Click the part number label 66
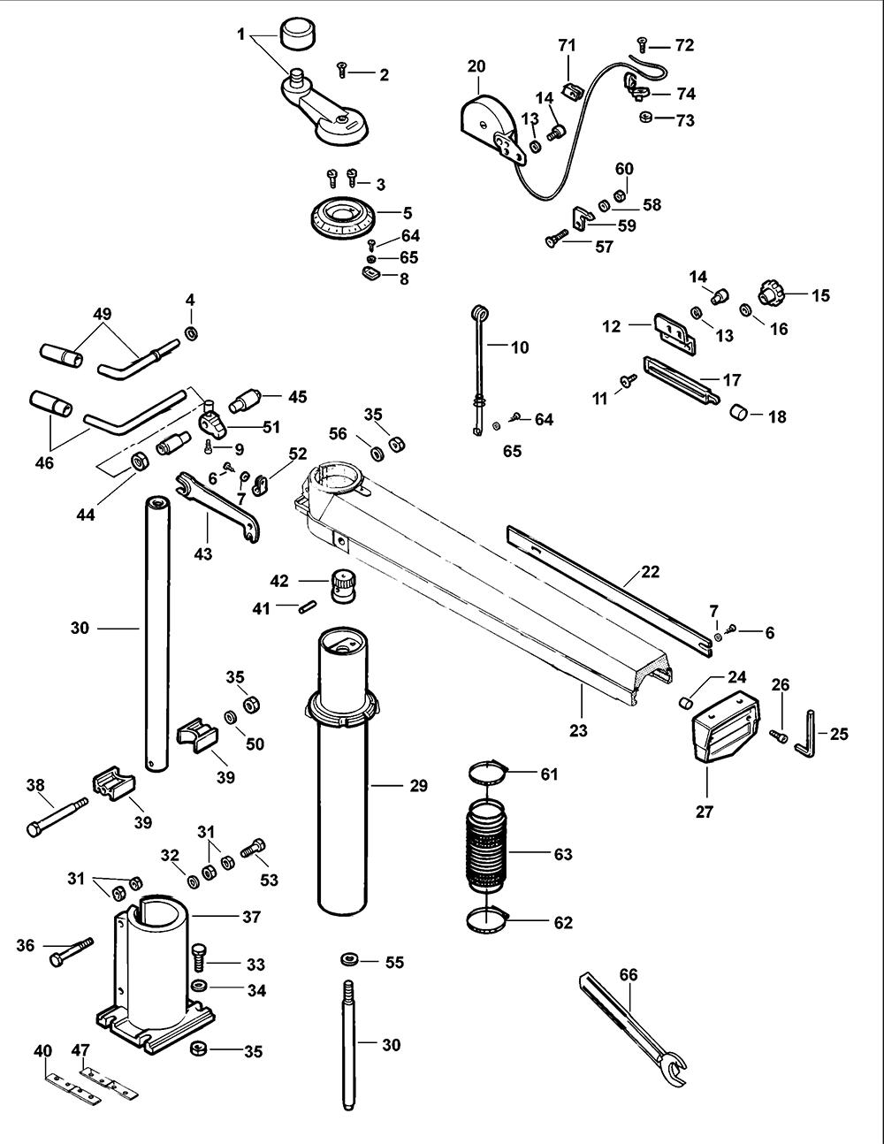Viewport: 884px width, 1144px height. coord(629,974)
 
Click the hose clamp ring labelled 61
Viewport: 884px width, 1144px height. coord(488,774)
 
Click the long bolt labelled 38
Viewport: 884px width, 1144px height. coord(57,817)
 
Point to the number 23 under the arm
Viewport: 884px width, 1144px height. coord(578,730)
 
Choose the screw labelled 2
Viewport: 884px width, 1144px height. coord(342,70)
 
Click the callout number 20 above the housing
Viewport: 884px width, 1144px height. coord(476,66)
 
